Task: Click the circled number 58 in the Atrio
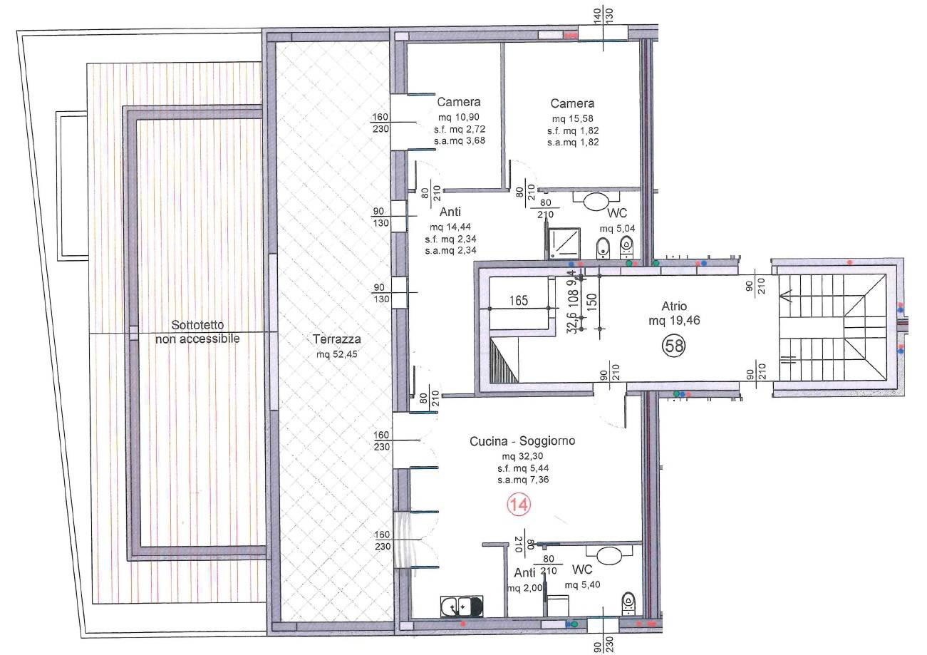click(674, 346)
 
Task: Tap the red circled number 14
click(519, 505)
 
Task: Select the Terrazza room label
click(336, 339)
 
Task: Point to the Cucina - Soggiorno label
click(522, 441)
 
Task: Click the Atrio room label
click(674, 306)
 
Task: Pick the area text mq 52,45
click(336, 354)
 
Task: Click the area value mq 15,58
click(572, 119)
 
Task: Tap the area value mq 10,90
click(459, 117)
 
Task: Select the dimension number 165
click(519, 300)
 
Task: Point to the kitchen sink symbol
click(462, 607)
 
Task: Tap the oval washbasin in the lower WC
click(610, 556)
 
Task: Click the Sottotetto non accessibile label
click(197, 332)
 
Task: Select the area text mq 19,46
click(674, 321)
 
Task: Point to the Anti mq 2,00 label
click(524, 580)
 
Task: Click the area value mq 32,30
click(522, 456)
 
